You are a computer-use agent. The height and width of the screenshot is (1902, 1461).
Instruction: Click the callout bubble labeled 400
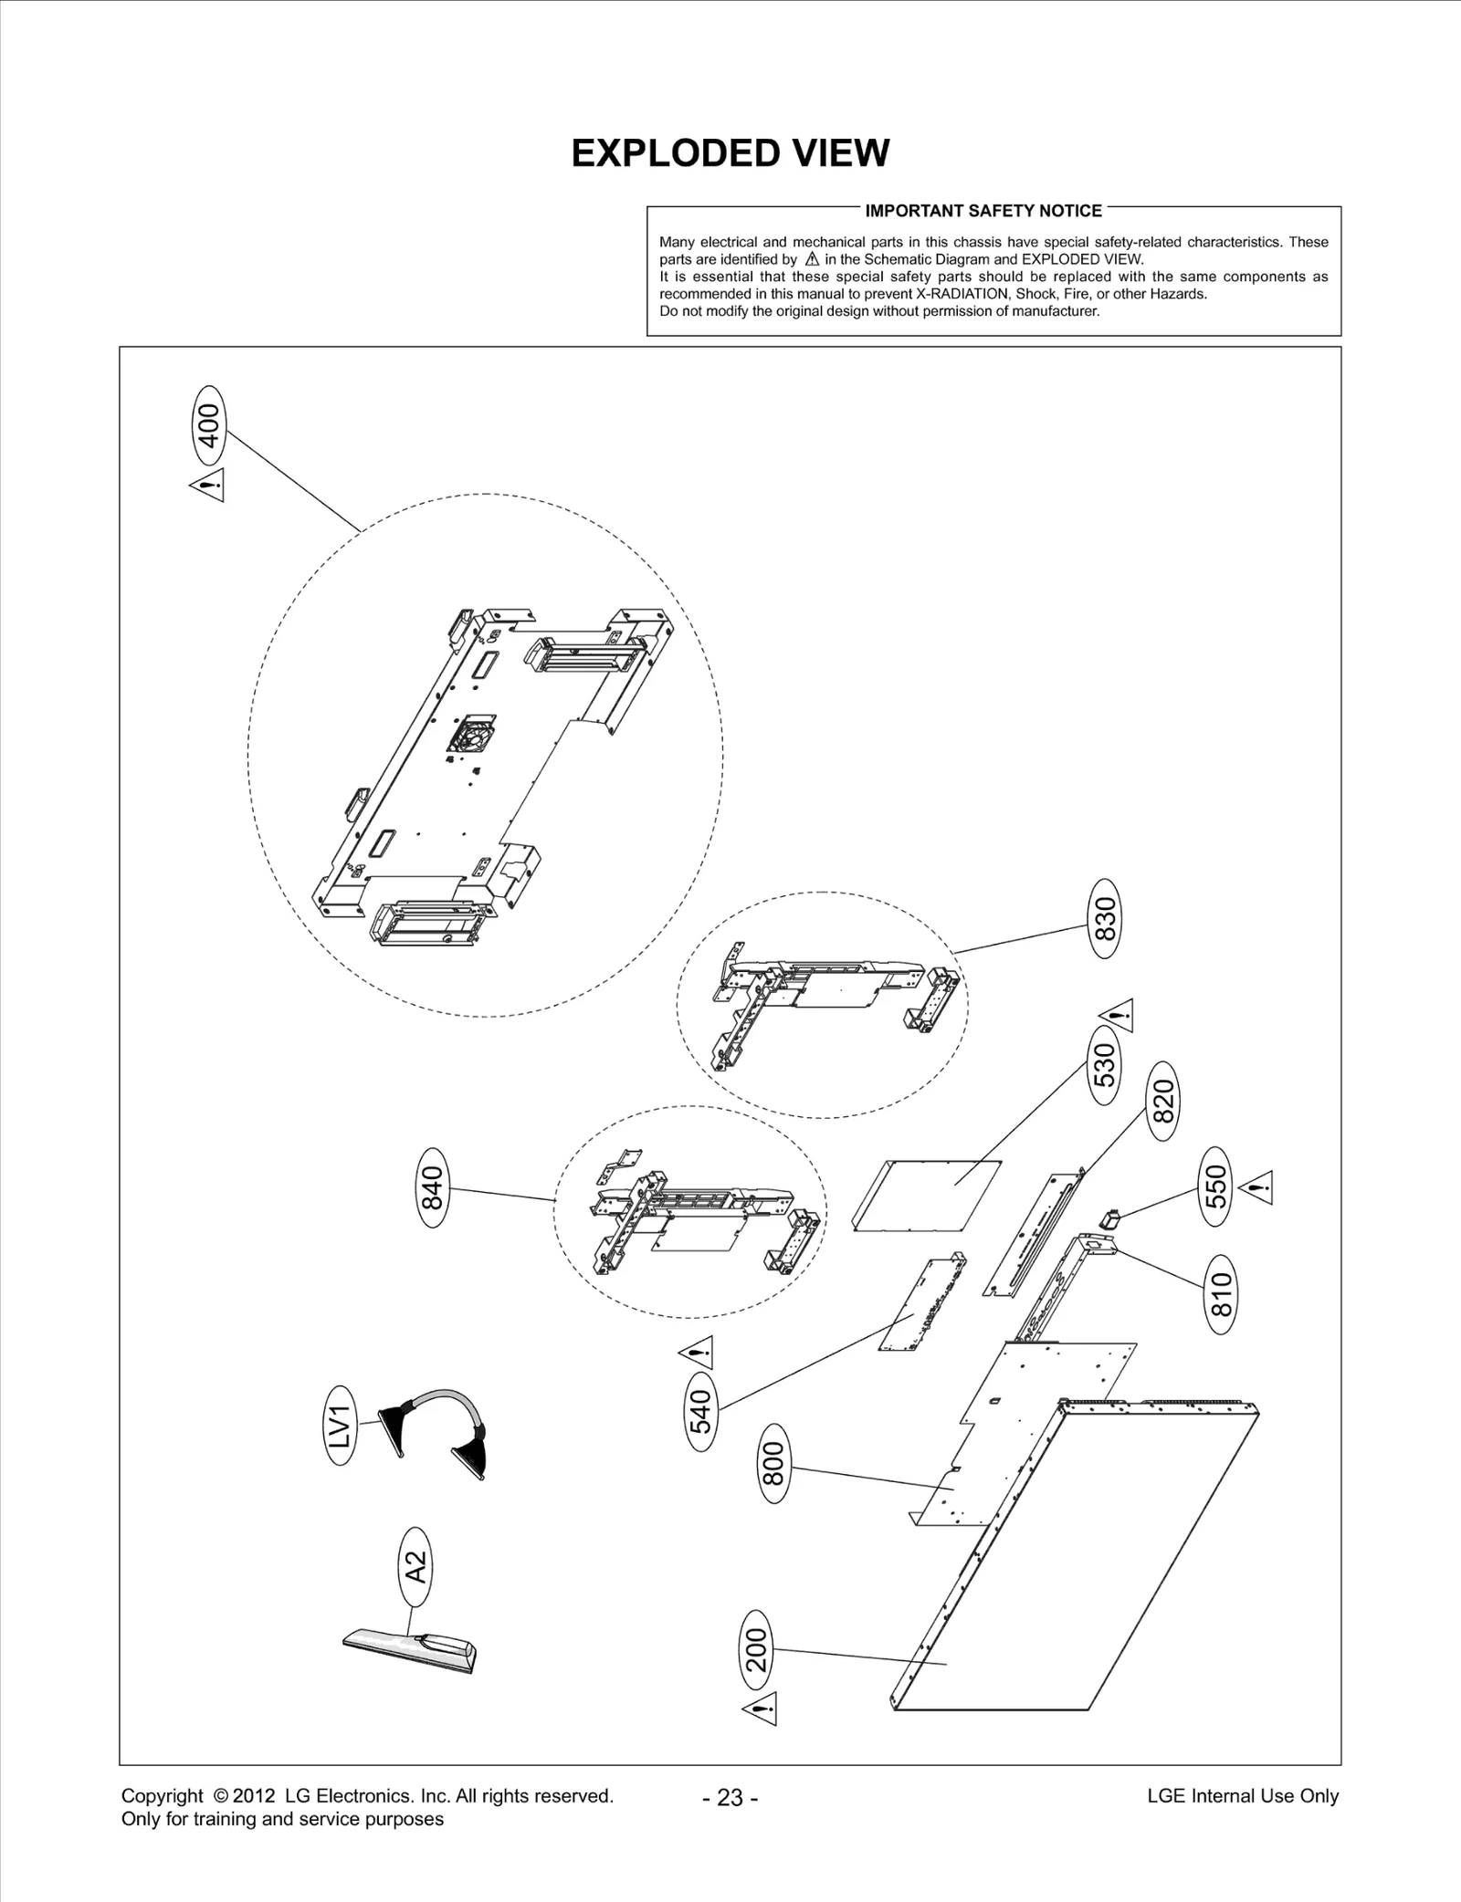tap(210, 426)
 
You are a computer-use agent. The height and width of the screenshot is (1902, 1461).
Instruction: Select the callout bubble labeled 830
tap(1105, 918)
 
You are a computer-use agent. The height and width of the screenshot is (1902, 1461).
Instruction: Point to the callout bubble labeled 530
tap(1104, 1064)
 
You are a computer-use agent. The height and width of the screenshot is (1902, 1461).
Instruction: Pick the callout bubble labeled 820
tap(1162, 1101)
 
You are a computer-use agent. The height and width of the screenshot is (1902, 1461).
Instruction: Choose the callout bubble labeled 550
tap(1215, 1186)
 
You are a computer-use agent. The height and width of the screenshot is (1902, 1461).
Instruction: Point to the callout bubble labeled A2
tap(415, 1567)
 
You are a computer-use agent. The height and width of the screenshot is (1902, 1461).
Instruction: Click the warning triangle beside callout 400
tap(208, 485)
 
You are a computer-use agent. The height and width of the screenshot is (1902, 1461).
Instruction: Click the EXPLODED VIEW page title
tap(730, 153)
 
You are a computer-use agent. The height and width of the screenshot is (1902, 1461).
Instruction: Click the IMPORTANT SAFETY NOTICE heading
tap(983, 211)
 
